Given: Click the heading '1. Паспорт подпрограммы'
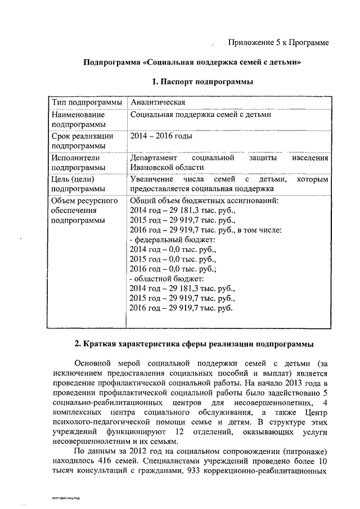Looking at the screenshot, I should [202, 82].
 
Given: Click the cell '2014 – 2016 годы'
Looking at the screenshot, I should [161, 136].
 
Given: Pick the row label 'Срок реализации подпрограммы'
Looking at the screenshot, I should [82, 141].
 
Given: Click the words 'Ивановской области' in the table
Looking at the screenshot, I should [166, 168].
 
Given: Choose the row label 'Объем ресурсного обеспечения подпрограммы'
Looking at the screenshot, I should [84, 210].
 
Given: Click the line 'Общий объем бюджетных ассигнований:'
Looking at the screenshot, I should [204, 200].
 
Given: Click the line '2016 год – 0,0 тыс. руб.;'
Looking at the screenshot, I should [174, 269].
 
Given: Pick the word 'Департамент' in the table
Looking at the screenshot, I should [153, 158].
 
